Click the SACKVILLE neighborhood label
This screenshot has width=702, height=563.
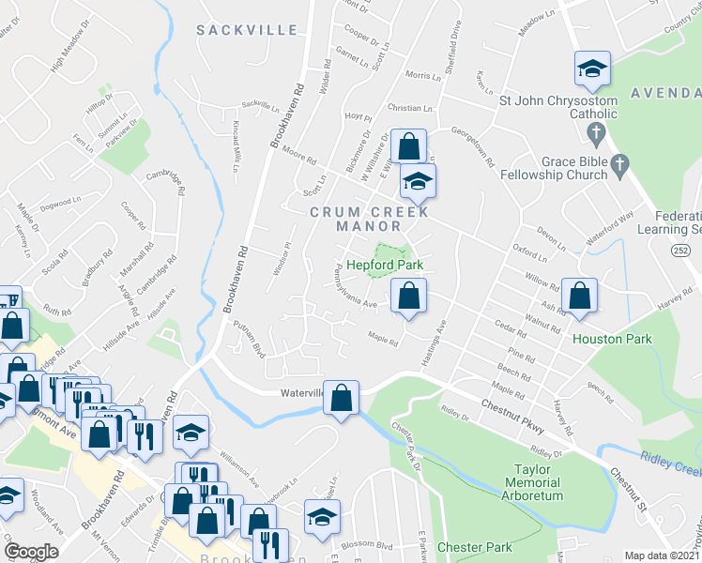(x=247, y=31)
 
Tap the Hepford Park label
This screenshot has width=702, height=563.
(x=386, y=266)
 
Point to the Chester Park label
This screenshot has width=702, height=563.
(x=475, y=547)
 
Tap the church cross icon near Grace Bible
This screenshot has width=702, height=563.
(x=619, y=166)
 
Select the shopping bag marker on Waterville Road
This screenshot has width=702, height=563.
(x=342, y=399)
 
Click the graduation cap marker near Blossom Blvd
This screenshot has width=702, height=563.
(x=321, y=517)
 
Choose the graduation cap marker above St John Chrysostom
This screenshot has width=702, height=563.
(x=592, y=68)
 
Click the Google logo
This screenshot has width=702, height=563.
(x=31, y=552)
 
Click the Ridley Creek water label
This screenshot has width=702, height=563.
(x=670, y=462)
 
